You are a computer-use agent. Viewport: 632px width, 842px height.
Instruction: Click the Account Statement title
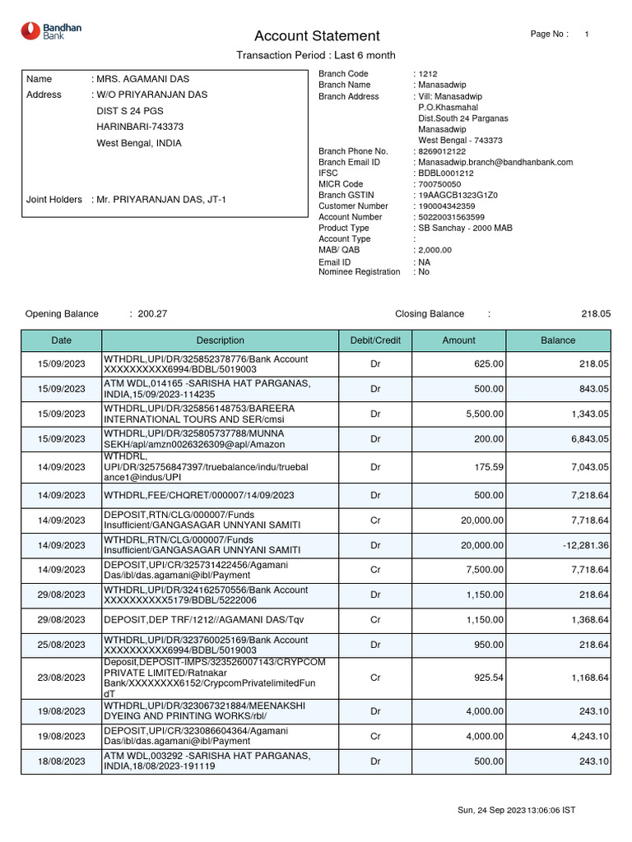[x=317, y=36]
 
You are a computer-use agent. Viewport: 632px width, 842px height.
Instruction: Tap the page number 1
[x=586, y=34]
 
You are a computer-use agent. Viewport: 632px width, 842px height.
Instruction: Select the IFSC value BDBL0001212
[x=446, y=173]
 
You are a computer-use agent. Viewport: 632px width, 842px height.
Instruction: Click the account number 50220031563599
[x=452, y=217]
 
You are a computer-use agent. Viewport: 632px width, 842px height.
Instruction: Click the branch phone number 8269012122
[x=442, y=151]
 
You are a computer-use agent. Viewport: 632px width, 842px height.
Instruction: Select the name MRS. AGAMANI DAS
[x=143, y=79]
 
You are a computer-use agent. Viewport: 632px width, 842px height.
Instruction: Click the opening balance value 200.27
[x=152, y=313]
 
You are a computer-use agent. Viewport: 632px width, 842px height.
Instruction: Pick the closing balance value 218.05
[x=596, y=313]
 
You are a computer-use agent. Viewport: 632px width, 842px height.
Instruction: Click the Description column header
[x=220, y=340]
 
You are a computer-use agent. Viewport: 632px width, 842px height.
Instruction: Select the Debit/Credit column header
[x=375, y=340]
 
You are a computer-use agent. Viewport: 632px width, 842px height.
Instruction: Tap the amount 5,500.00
[x=485, y=414]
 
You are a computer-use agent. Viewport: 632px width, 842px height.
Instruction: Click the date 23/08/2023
[x=62, y=678]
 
